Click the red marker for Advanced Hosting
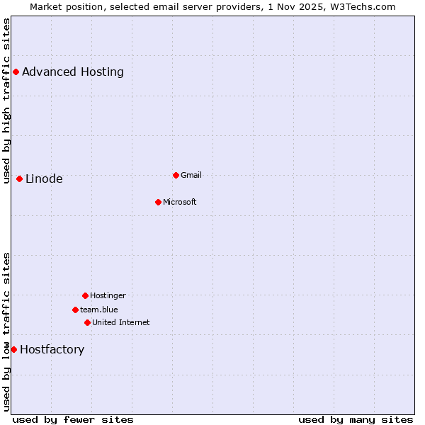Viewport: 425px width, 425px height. (x=16, y=72)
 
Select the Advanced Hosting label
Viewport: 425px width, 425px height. (x=73, y=72)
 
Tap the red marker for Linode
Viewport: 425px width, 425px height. (x=19, y=178)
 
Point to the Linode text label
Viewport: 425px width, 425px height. (x=44, y=178)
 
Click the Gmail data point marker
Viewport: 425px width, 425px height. (x=176, y=175)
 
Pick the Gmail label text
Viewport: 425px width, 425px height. (x=191, y=175)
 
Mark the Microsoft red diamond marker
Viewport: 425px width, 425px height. (x=158, y=202)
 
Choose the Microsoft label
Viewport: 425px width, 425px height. (x=180, y=202)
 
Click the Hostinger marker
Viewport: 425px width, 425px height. (x=85, y=295)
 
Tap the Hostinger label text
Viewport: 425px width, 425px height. (x=108, y=295)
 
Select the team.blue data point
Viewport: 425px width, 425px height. (x=75, y=310)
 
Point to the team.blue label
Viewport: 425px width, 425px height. (x=99, y=310)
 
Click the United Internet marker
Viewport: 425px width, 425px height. (x=87, y=322)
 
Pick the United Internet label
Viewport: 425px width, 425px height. (x=121, y=322)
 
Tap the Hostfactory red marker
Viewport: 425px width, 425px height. (x=13, y=349)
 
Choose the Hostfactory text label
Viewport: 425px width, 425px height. (x=52, y=349)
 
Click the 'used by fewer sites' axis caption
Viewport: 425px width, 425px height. (x=73, y=419)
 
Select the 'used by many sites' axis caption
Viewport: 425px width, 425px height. (x=356, y=419)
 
